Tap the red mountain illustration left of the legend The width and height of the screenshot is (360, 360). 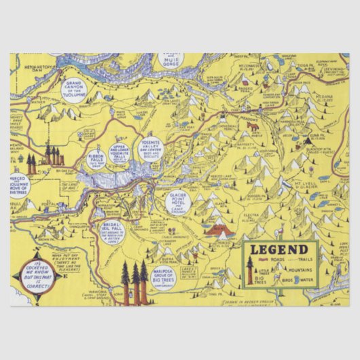[x=219, y=229]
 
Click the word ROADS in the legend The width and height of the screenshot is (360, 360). [x=272, y=259]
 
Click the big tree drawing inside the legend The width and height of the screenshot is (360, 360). [x=250, y=270]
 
